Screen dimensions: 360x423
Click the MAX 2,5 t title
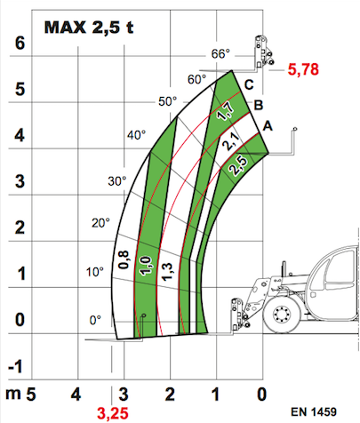click(x=89, y=28)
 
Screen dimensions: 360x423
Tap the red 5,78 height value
click(x=303, y=69)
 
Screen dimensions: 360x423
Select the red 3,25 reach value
click(x=113, y=413)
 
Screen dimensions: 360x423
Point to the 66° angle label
click(x=220, y=54)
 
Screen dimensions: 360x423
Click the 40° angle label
click(x=137, y=135)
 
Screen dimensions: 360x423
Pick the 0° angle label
click(x=95, y=320)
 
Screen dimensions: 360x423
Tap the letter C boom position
click(x=249, y=85)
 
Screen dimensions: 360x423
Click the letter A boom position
click(x=268, y=126)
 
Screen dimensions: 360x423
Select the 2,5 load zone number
click(x=238, y=165)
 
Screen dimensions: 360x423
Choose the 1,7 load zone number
click(x=226, y=111)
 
